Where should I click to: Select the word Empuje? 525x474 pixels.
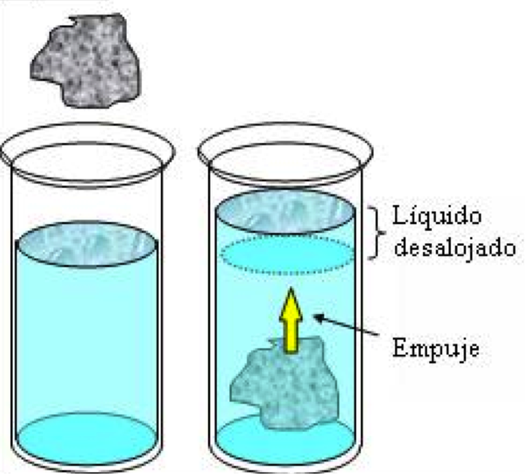click(433, 348)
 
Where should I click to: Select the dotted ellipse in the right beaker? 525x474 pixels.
click(287, 255)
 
